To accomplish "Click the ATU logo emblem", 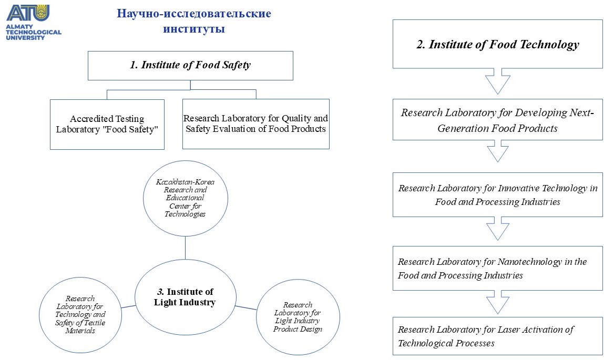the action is coord(28,13).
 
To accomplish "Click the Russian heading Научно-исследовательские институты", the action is coord(194,21).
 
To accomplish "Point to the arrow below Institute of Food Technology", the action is coord(498,81).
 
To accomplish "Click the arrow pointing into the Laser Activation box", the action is coord(498,302).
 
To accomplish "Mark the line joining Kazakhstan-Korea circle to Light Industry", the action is coord(185,248).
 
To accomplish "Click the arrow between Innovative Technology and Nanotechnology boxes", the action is coord(498,229).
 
